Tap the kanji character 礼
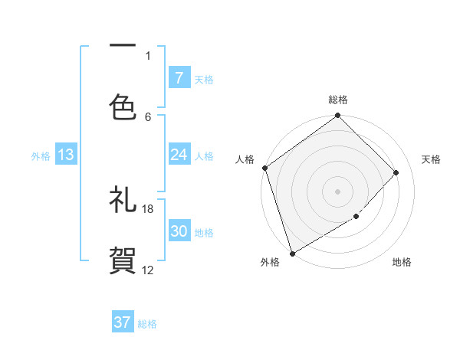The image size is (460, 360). pos(123,201)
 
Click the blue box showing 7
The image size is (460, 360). pos(179,78)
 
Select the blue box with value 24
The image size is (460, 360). pos(179,155)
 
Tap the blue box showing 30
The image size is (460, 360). pos(179,231)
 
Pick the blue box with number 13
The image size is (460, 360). pos(66,155)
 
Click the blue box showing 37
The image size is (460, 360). pos(123,322)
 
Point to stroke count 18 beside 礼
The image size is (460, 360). pos(148,208)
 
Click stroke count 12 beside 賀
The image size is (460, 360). pos(148,270)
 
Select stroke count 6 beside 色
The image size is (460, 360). pos(148,116)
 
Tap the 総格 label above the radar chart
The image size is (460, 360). pos(338,100)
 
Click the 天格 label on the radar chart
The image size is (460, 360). pos(432,159)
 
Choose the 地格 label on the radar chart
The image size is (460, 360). pos(402,262)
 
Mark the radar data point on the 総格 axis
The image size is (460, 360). pos(338,116)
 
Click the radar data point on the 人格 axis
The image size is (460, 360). pos(264,168)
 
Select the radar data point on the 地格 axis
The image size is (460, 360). pos(356,217)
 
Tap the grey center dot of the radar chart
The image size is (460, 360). pos(338,191)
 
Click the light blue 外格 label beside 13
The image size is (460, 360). pos(41,155)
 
